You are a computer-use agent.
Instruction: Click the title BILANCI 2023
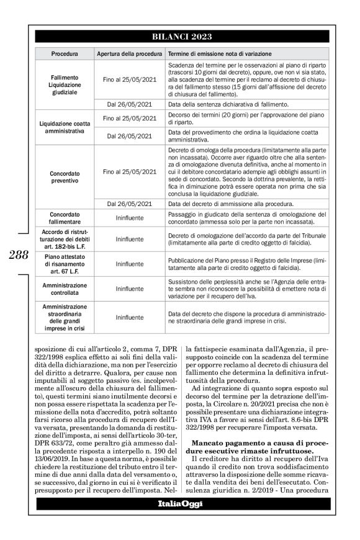point(184,37)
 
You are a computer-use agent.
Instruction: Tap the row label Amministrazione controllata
point(64,289)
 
